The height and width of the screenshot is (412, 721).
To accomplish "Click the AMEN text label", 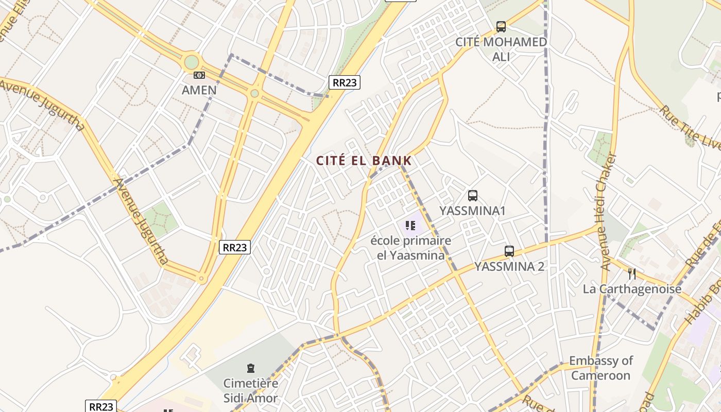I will coord(199,90).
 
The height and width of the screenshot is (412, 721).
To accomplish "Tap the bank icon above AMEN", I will coord(199,75).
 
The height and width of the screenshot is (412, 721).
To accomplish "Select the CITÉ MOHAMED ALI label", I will coord(501,49).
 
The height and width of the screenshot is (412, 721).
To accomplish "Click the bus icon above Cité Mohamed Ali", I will coord(501,27).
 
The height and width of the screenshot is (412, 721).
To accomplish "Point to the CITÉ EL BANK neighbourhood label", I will coord(364,161).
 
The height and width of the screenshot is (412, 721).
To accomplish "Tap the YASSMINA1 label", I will coord(472,211).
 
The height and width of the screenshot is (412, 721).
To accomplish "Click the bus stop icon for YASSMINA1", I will coord(472,196).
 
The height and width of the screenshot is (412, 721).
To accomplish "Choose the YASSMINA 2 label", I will coord(509,267).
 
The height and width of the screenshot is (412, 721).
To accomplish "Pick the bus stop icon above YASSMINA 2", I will coord(509,251).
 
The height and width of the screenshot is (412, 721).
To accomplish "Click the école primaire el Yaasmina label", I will coord(411,248).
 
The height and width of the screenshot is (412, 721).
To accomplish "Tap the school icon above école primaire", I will coord(410,225).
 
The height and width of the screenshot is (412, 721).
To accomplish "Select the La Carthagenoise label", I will coord(632,289).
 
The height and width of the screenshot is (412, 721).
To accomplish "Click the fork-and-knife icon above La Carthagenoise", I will coord(632,273).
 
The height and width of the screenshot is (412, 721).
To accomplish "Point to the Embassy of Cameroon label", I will coord(601,368).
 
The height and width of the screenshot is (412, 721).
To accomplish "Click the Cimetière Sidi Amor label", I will coord(250,390).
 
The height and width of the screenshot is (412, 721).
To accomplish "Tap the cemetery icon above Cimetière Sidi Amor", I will coord(250,368).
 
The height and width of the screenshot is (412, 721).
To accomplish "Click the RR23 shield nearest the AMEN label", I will coord(344,82).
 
